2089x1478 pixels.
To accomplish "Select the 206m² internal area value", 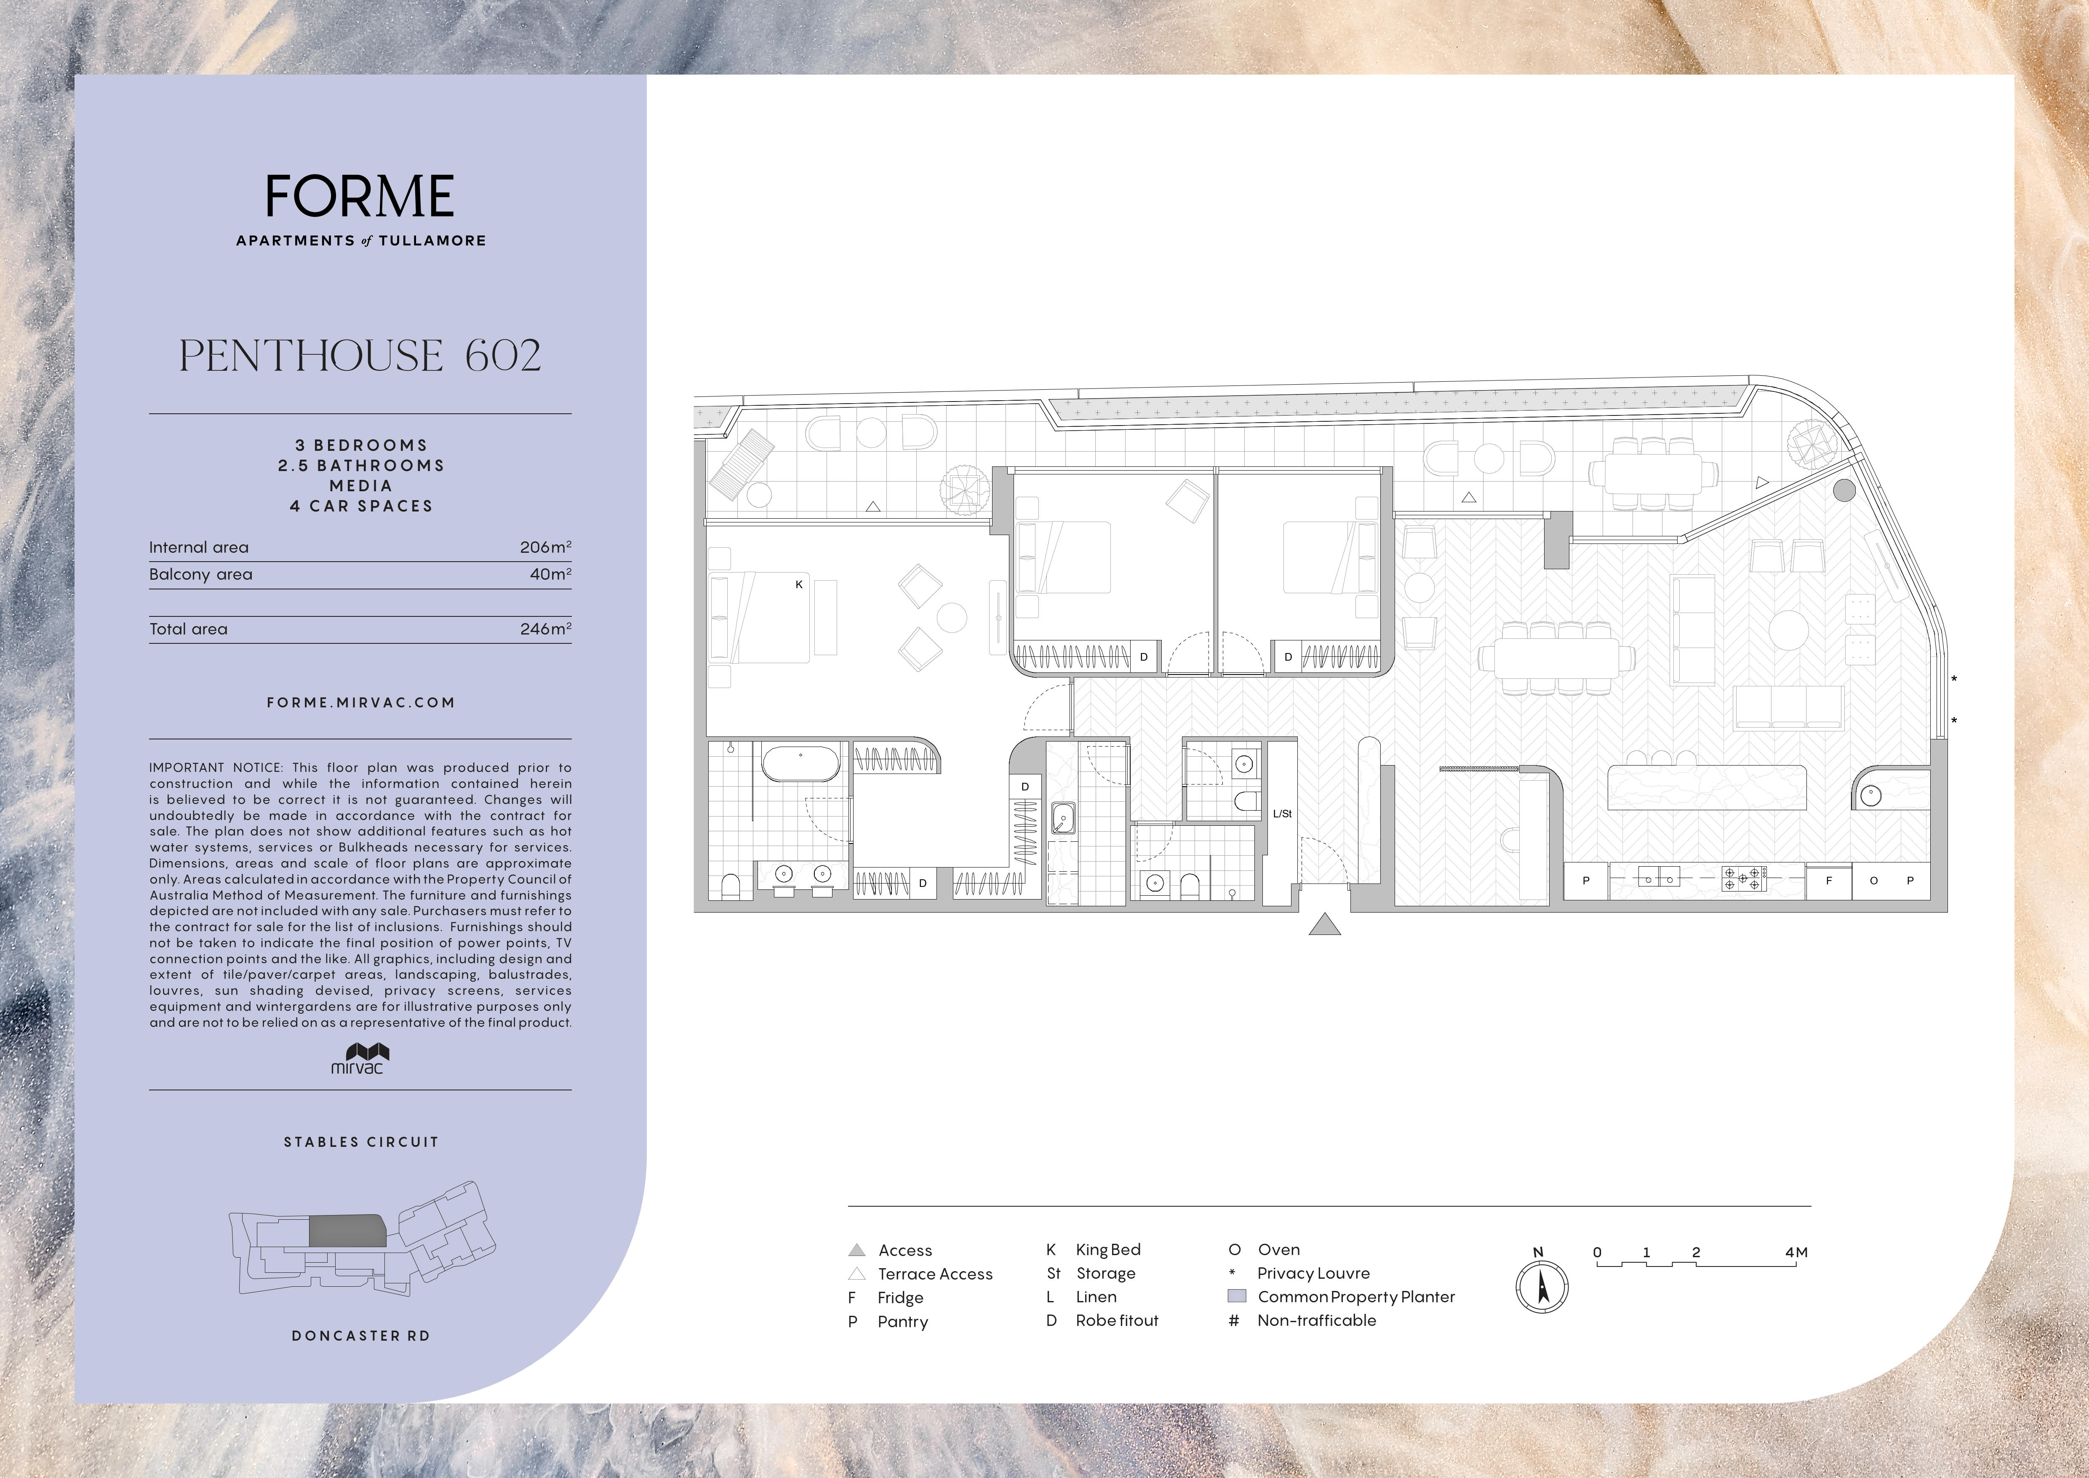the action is (x=545, y=547).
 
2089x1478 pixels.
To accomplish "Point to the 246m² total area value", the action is (x=545, y=629).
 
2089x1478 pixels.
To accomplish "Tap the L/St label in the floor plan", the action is (x=1282, y=814).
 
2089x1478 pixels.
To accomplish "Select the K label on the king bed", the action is (x=799, y=584).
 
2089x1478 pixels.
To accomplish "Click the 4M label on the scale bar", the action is (x=1796, y=1252).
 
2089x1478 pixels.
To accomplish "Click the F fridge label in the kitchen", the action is (x=1829, y=881).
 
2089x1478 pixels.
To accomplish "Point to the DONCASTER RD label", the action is (x=360, y=1336).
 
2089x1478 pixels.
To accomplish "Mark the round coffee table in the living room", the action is (x=1789, y=630).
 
